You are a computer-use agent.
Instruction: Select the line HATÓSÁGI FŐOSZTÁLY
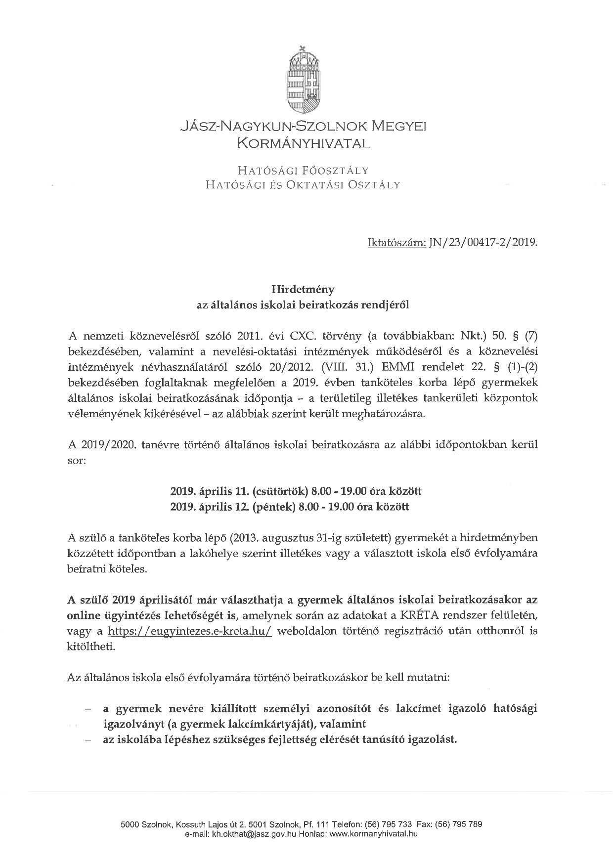pos(303,171)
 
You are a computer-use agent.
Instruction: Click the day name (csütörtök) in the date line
pos(279,491)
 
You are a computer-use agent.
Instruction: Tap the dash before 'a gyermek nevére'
pos(88,709)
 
